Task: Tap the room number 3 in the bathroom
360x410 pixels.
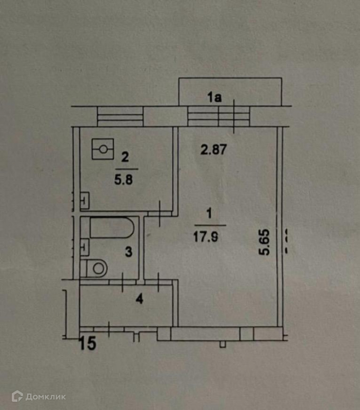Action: pyautogui.click(x=129, y=252)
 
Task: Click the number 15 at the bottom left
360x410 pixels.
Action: pyautogui.click(x=88, y=344)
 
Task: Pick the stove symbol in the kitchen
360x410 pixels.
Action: pyautogui.click(x=103, y=149)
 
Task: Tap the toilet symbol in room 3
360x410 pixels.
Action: pyautogui.click(x=96, y=267)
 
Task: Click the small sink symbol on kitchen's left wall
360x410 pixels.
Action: pyautogui.click(x=85, y=200)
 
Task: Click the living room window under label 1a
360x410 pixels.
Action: pyautogui.click(x=218, y=116)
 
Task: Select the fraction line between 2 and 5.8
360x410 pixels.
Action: pyautogui.click(x=127, y=169)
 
